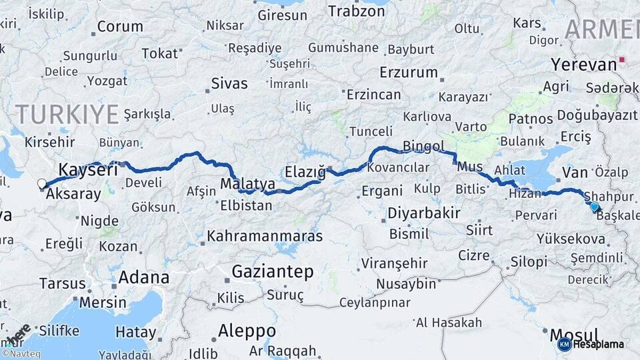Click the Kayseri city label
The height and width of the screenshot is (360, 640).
click(88, 169)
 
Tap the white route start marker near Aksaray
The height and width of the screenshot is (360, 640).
click(42, 183)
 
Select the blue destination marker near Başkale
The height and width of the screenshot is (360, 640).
click(595, 207)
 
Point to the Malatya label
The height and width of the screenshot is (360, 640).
click(248, 183)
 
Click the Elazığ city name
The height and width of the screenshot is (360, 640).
click(305, 172)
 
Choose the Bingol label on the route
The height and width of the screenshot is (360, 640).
click(423, 146)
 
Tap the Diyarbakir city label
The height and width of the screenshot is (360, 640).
click(424, 213)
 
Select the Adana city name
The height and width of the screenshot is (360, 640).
click(143, 277)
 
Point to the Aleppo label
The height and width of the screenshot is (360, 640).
click(247, 331)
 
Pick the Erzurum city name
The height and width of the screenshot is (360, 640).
click(408, 72)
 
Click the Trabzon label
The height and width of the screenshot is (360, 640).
click(357, 11)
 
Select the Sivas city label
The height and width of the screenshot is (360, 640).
click(229, 84)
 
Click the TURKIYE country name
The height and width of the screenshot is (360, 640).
click(67, 113)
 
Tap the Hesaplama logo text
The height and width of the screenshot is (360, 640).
click(599, 344)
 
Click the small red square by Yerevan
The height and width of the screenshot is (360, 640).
click(622, 59)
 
